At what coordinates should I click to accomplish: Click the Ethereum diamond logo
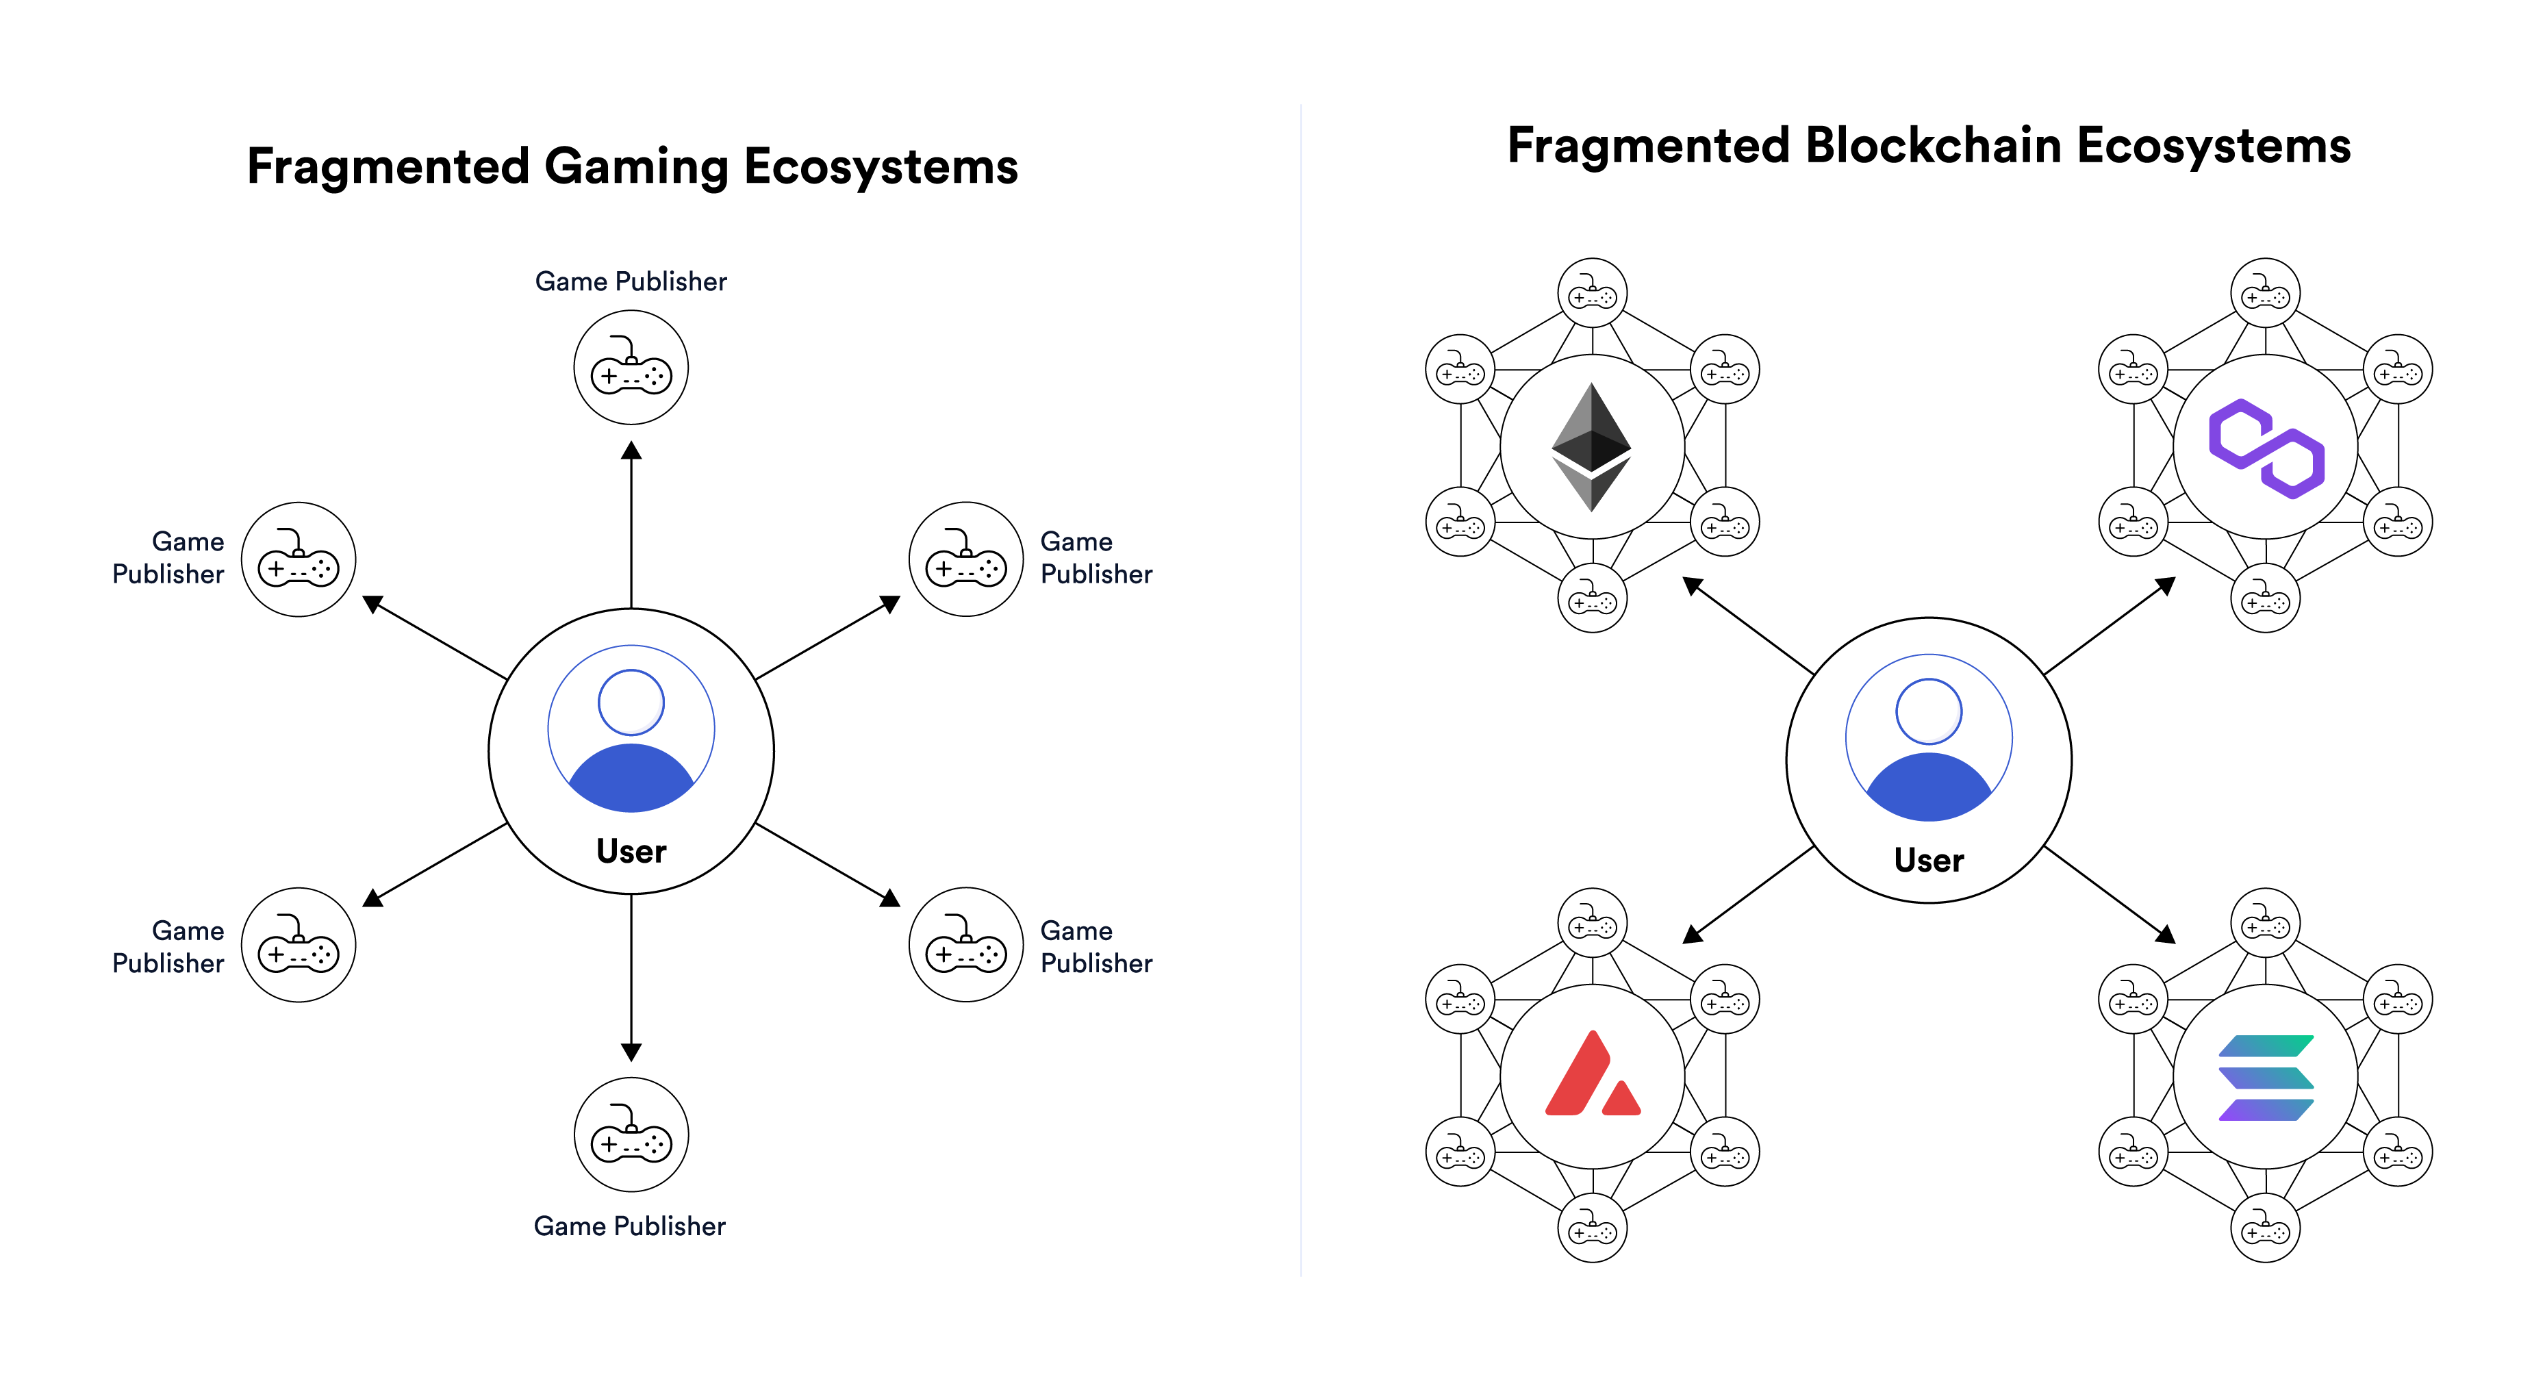(x=1592, y=446)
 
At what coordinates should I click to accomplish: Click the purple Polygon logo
(x=2266, y=448)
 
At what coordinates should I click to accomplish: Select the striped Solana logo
(x=2266, y=1077)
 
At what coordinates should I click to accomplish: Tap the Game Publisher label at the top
(x=631, y=281)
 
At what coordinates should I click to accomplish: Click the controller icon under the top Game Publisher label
(x=631, y=368)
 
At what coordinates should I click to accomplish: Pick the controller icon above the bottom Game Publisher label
(x=631, y=1135)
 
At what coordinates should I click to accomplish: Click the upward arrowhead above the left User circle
(x=631, y=451)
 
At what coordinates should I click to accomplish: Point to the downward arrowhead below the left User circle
(x=631, y=1052)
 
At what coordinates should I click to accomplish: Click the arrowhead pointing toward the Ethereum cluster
(x=1693, y=587)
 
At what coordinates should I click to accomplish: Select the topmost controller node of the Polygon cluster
(x=2266, y=292)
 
